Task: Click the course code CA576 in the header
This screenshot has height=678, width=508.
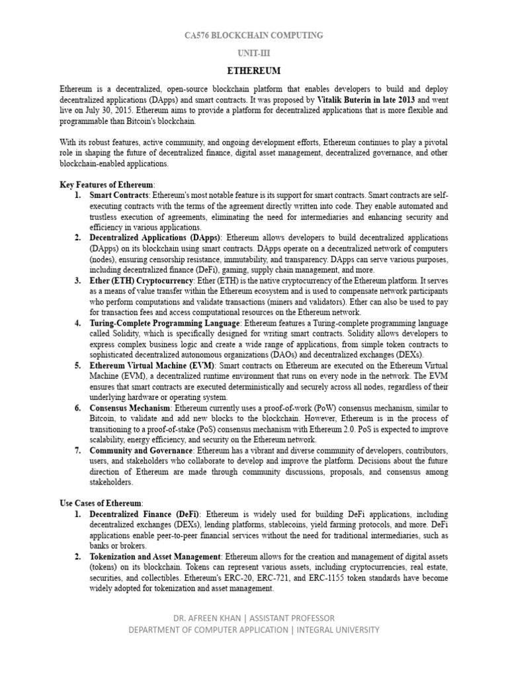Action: (198, 35)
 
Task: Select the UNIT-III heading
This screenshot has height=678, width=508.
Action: (254, 53)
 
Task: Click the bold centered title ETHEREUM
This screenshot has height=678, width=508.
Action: (254, 71)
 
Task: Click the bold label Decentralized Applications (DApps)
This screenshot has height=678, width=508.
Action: (157, 237)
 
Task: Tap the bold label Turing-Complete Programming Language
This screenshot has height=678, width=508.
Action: (165, 323)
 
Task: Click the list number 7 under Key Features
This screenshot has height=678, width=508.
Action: (77, 450)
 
